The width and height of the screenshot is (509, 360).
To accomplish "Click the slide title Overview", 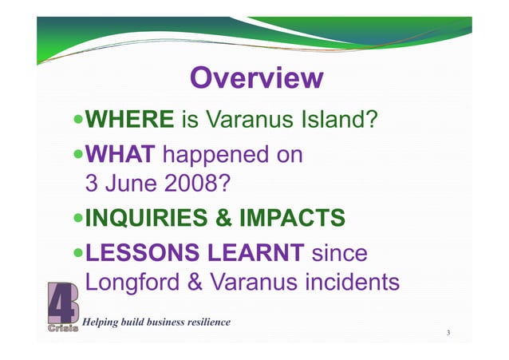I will (255, 79).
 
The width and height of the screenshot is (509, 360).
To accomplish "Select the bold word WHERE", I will (129, 120).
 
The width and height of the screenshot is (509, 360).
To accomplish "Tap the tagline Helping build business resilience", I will (157, 322).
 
